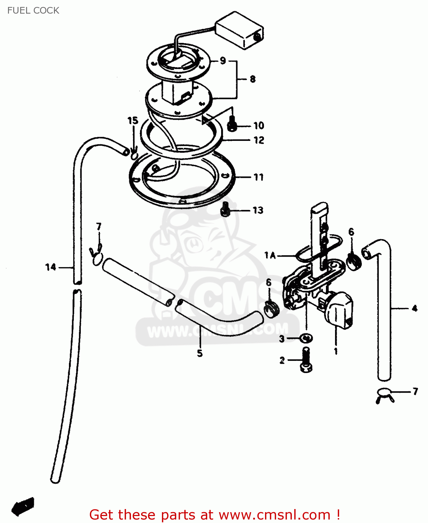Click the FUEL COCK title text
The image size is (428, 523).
33,10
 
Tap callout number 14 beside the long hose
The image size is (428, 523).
50,267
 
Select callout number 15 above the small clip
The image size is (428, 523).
133,121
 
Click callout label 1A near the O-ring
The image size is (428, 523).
270,255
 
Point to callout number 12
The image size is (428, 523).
259,140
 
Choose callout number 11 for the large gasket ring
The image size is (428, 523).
258,177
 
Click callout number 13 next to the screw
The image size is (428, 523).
258,210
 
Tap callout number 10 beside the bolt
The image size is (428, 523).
259,126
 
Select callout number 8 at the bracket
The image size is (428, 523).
252,79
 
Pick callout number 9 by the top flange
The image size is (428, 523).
223,61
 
